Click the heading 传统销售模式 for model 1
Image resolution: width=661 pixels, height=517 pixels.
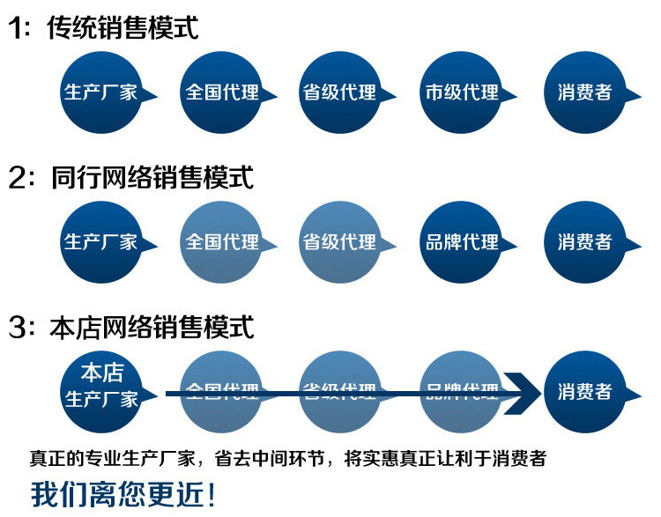[x=123, y=27]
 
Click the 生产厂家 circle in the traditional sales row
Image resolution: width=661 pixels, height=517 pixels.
[x=99, y=92]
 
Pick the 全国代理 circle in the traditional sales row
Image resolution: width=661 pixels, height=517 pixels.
[x=219, y=92]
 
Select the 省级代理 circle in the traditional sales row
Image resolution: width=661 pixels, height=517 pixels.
[x=338, y=92]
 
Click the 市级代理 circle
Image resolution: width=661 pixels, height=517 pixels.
[x=459, y=92]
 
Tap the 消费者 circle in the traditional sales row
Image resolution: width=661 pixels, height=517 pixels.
[x=583, y=92]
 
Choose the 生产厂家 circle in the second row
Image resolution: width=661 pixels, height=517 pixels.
[x=99, y=241]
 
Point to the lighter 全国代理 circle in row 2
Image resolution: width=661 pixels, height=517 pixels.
[x=219, y=241]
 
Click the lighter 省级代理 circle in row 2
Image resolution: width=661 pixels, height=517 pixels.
[x=338, y=241]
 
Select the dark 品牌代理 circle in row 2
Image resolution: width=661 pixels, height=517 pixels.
[x=459, y=241]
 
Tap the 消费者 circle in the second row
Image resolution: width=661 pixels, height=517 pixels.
[x=583, y=241]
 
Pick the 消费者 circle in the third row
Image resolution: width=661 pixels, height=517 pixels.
[x=583, y=391]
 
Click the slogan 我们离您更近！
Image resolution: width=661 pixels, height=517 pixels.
[x=123, y=493]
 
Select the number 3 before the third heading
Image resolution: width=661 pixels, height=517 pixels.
[x=18, y=328]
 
